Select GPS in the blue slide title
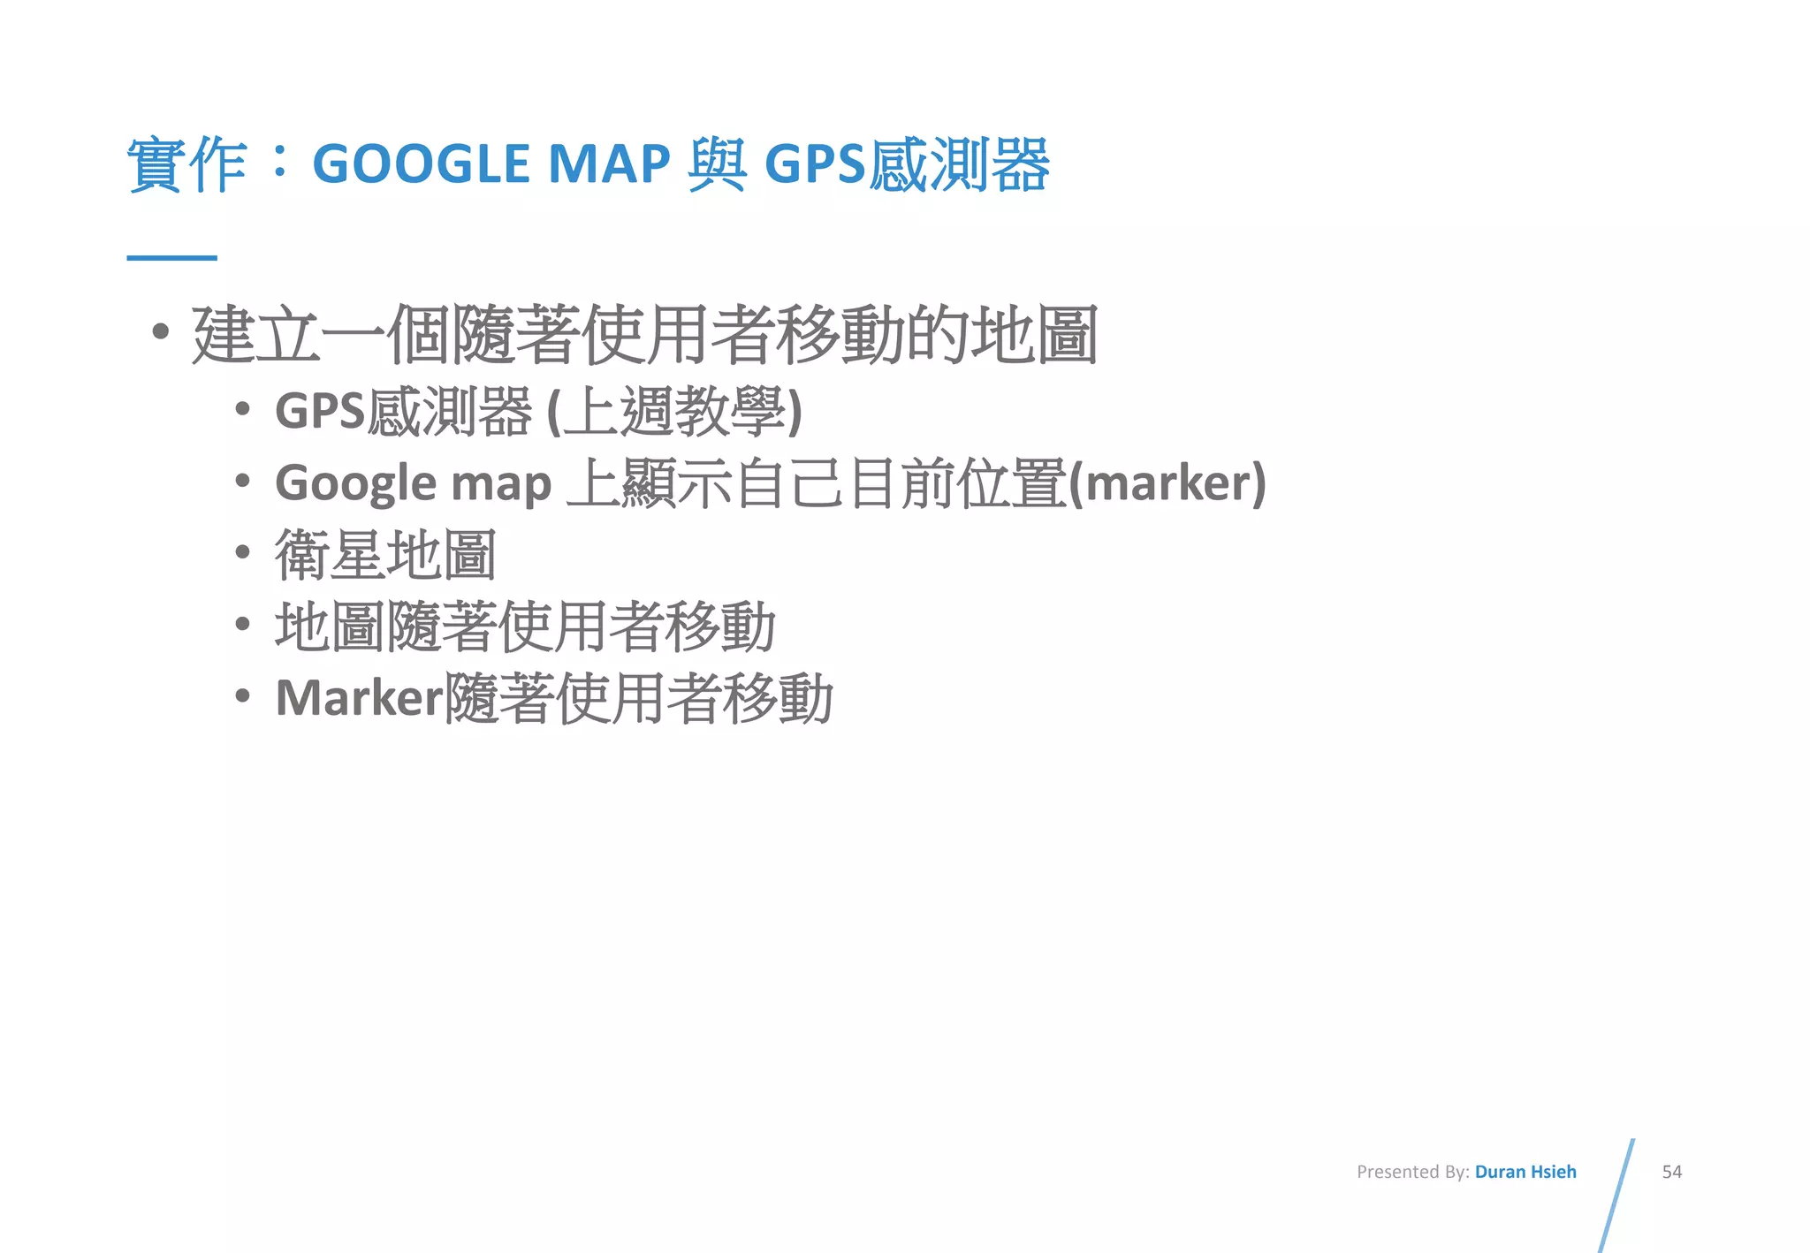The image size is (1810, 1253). tap(814, 164)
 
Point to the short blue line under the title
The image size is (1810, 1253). tap(171, 257)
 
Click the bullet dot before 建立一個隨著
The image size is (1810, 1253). tap(160, 332)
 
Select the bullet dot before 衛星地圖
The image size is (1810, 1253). tap(243, 553)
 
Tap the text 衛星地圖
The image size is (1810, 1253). tap(385, 555)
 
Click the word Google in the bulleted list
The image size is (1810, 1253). tap(356, 484)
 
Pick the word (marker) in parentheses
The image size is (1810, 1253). tap(1167, 483)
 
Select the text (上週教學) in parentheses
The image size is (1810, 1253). tap(674, 412)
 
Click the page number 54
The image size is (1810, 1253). tap(1671, 1172)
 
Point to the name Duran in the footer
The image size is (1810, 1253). tap(1500, 1172)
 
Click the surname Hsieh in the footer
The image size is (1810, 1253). tap(1553, 1172)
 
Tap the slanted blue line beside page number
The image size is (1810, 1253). tap(1616, 1195)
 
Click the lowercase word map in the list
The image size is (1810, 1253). tap(501, 485)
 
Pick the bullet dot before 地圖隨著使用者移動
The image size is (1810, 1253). tap(243, 625)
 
